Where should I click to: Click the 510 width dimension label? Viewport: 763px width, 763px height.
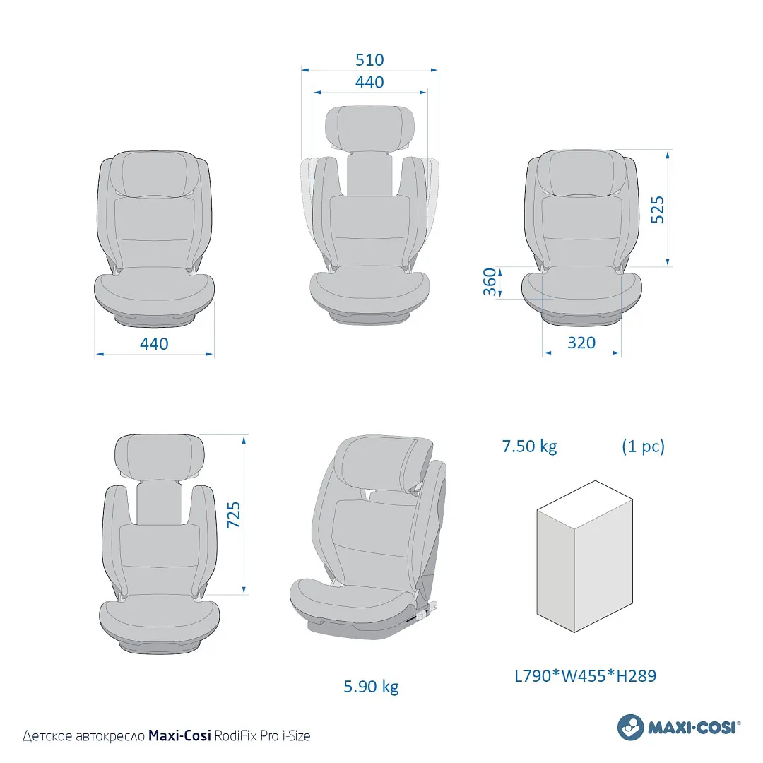(x=369, y=60)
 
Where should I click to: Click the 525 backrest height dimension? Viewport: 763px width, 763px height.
(x=657, y=210)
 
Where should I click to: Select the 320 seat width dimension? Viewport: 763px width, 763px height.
(x=581, y=343)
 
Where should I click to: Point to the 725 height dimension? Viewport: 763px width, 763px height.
(x=234, y=515)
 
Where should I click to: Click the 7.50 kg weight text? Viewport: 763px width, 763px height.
(x=529, y=446)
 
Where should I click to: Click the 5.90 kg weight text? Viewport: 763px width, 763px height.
(x=371, y=686)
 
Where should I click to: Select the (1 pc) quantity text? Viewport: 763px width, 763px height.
(x=643, y=446)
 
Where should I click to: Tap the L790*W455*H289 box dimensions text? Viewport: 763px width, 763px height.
(x=585, y=676)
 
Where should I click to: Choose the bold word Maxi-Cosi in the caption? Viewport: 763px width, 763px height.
(x=179, y=736)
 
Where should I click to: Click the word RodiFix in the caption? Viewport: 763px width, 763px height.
(x=235, y=736)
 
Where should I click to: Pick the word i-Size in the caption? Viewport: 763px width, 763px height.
(x=296, y=736)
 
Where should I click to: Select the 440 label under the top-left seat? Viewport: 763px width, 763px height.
(x=154, y=344)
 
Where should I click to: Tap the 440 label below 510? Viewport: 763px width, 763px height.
(x=369, y=83)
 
